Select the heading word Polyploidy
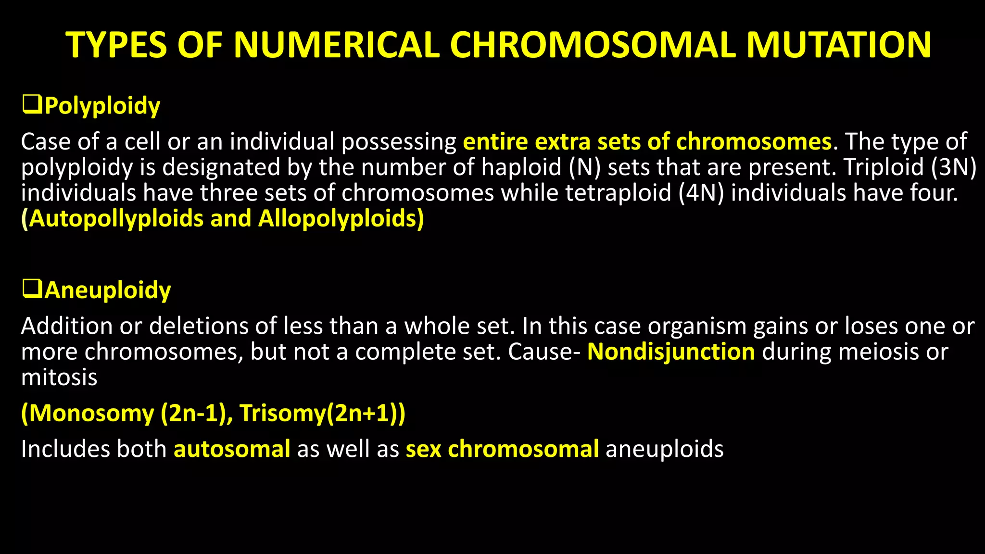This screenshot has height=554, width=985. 102,106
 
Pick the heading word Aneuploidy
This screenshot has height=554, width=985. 107,290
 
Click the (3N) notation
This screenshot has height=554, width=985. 953,167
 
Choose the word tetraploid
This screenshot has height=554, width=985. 618,193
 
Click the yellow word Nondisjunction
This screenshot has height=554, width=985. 671,352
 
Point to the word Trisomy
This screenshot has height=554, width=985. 282,413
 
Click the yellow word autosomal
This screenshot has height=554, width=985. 232,449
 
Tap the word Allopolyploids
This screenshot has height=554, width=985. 341,218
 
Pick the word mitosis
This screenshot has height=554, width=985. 59,377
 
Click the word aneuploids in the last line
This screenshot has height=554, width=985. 664,449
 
